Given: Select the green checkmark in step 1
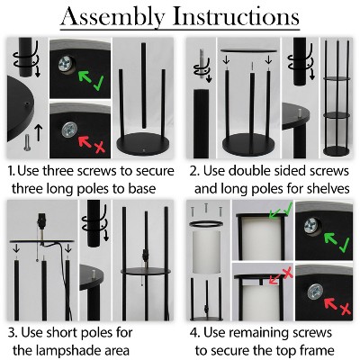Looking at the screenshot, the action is point(98,83).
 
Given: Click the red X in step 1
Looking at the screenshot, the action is point(99,147).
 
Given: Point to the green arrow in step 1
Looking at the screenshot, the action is point(85,77).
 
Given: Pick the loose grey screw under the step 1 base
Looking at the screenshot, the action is point(27,142).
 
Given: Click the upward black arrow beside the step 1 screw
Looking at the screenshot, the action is point(39,133).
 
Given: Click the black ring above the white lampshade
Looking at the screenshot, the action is point(206,223).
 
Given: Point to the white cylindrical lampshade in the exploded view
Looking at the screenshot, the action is point(206,252).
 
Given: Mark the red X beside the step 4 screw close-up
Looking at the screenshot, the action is point(346,309).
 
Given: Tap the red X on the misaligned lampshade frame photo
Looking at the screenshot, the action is point(288,274).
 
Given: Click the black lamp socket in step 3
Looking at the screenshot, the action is point(41,222).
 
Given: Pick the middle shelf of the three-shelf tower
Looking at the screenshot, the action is point(337,114).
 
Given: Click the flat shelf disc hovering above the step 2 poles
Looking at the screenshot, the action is point(248,51).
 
